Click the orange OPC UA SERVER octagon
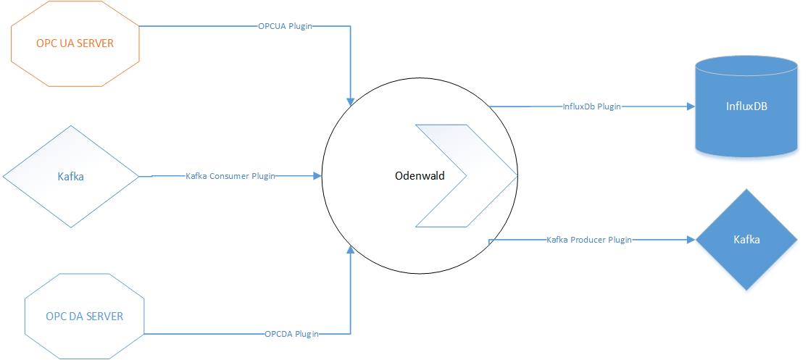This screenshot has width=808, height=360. [75, 43]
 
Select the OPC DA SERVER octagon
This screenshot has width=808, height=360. [84, 317]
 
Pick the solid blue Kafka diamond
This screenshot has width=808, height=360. [746, 239]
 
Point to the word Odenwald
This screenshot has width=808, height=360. [418, 176]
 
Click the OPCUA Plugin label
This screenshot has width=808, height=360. [286, 27]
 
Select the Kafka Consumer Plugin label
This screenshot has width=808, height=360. [230, 176]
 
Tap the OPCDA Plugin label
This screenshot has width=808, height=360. [292, 334]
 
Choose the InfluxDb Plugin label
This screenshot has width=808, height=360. [592, 106]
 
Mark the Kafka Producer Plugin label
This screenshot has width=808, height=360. [588, 239]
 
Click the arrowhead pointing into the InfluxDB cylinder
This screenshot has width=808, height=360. [691, 106]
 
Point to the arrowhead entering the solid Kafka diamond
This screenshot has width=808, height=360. [691, 239]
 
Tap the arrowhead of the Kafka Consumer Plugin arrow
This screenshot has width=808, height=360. [317, 176]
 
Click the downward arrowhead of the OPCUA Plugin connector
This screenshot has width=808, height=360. [351, 101]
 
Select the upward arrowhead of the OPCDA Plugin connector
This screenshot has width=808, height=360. [351, 250]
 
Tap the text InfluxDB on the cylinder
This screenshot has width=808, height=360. [746, 106]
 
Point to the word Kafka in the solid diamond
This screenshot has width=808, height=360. [746, 239]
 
